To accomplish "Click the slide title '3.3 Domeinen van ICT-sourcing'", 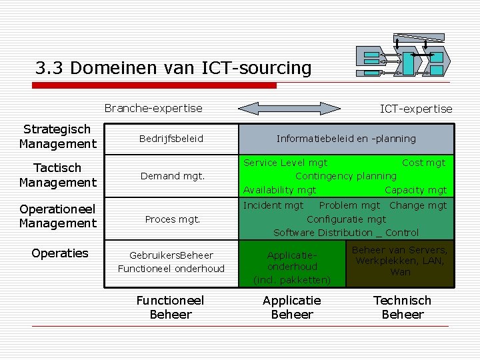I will (x=173, y=68).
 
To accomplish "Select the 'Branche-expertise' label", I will (x=153, y=108).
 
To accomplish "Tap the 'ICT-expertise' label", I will (x=415, y=109).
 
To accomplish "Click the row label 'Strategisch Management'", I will (x=57, y=137).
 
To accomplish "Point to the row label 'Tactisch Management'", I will (x=57, y=175).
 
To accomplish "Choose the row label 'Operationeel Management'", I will (x=57, y=216).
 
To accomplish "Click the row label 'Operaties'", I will (x=60, y=253).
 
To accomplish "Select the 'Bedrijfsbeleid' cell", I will (x=171, y=139).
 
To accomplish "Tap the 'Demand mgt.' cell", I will (x=172, y=177).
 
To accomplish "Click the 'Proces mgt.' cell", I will (x=172, y=219).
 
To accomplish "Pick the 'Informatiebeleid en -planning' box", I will (x=346, y=139).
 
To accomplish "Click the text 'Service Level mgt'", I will (x=285, y=163).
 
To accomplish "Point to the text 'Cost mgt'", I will (x=423, y=163).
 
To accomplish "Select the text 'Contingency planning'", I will (x=345, y=176).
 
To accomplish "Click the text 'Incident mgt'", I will (x=273, y=205).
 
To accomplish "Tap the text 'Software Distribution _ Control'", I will (x=346, y=233).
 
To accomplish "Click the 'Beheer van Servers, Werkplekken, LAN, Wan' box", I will (x=400, y=261).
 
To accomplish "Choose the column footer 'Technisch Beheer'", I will (x=402, y=307).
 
